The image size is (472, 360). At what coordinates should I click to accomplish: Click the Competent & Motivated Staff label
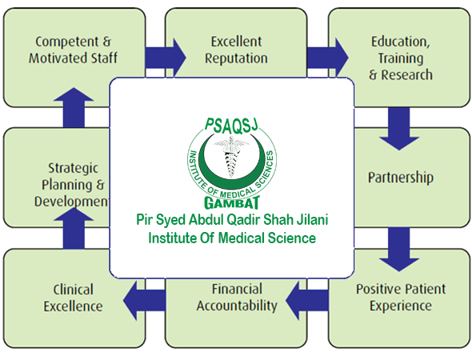73,50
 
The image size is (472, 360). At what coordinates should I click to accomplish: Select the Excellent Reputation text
236,50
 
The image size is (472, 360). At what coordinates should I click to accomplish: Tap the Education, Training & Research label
400,58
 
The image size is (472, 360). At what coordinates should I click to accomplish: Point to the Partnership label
401,178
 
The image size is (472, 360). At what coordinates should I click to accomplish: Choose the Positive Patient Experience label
401,298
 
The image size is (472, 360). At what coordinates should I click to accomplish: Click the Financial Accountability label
237,298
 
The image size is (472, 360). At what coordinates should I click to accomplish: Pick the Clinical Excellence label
73,298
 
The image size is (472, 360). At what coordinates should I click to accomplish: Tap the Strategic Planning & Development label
72,185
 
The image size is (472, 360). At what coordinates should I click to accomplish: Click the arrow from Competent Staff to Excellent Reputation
166,57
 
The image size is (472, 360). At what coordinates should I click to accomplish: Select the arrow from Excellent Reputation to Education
327,57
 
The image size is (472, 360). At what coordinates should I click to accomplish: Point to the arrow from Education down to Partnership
399,129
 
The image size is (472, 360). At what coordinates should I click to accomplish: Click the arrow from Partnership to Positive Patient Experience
399,250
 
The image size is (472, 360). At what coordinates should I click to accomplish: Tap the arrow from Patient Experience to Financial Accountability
306,301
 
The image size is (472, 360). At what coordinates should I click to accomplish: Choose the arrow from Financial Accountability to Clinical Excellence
144,301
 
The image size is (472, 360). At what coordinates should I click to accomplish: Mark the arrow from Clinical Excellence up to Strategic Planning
74,228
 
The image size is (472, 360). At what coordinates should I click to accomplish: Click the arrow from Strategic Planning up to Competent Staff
74,107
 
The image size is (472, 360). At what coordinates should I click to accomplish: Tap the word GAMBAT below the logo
232,203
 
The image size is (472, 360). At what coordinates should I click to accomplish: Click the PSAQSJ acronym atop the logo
231,126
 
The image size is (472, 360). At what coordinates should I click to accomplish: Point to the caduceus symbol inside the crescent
231,157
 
